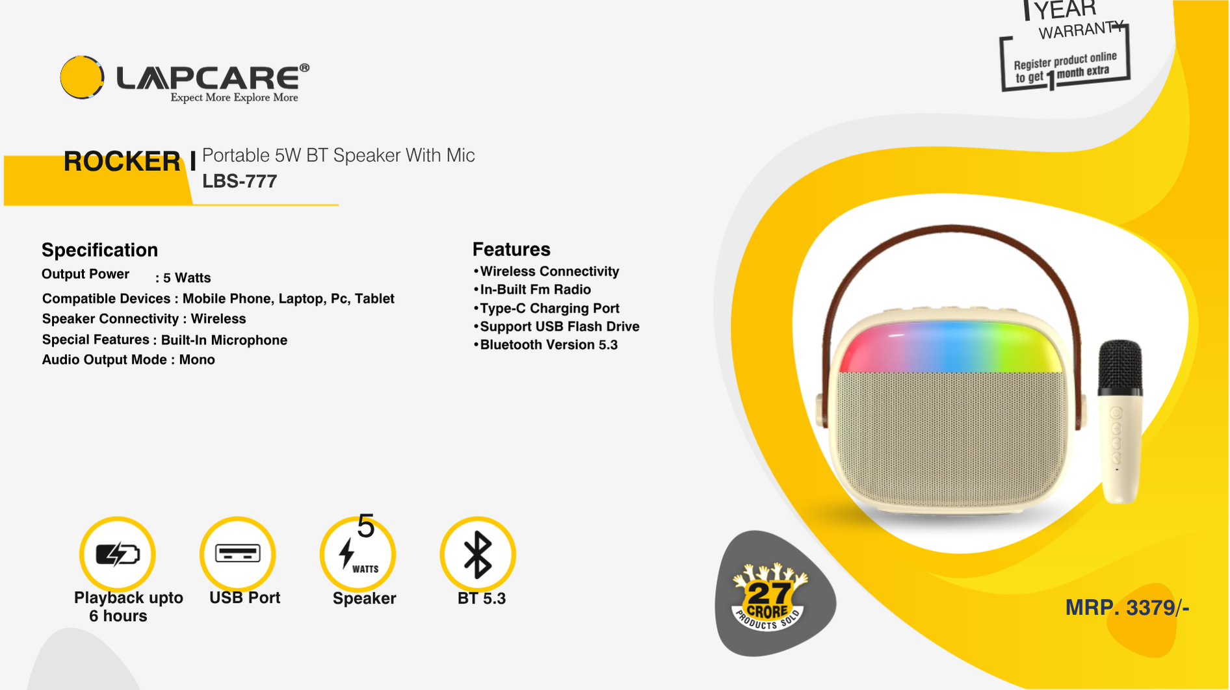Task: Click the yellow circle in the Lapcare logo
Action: pos(82,77)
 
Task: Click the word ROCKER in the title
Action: pos(122,161)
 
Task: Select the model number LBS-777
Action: pos(239,181)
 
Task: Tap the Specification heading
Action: pos(99,250)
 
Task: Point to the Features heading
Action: pos(511,249)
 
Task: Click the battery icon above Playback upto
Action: pos(118,554)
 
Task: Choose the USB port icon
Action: pos(238,554)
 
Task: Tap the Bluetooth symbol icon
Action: pos(478,554)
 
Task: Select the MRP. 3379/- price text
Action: pos(1127,608)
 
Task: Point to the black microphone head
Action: pos(1120,367)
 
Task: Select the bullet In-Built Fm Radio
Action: pos(532,290)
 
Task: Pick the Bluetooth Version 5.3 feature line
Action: pos(545,345)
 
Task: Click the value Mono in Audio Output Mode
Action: pos(197,360)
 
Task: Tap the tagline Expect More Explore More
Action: pos(234,97)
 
